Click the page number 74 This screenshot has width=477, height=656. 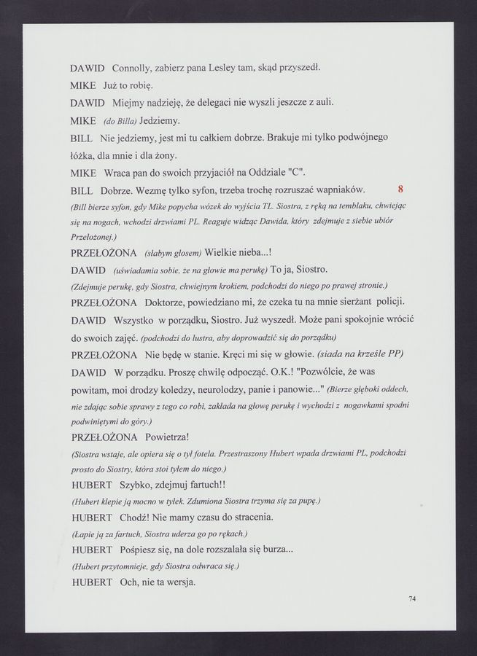tap(413, 598)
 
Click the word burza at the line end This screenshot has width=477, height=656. tap(276, 550)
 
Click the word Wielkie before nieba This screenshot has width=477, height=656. tap(226, 253)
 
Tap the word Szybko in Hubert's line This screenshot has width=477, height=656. tap(133, 485)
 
